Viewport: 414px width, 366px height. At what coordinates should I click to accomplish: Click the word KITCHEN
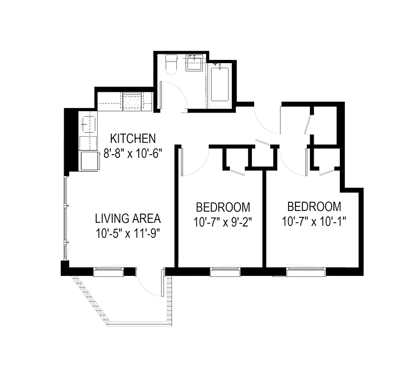coord(133,138)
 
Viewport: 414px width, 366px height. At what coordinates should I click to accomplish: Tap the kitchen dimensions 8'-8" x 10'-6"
coord(133,153)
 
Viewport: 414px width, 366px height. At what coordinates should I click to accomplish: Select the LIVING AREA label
coord(128,218)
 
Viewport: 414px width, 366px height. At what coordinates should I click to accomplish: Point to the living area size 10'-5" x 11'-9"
coord(128,233)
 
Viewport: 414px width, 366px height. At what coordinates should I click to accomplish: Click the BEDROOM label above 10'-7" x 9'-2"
coord(223,206)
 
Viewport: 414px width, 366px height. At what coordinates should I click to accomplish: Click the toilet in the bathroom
coord(171,65)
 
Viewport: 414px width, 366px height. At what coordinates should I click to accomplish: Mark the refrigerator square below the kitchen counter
coord(90,160)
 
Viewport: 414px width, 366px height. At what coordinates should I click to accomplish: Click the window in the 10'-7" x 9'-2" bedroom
coord(225,272)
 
